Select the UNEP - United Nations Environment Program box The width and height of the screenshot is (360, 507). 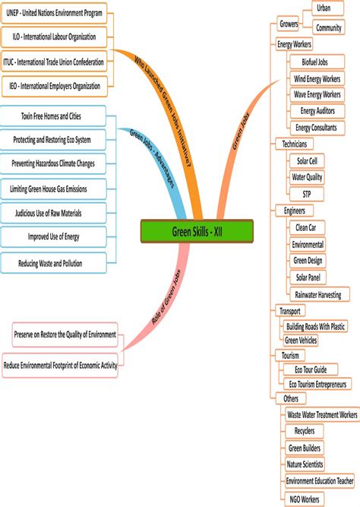(54, 13)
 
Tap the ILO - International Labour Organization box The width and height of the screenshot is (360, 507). (54, 36)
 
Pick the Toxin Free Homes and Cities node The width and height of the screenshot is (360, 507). (52, 116)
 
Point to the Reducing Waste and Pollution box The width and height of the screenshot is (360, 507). (51, 263)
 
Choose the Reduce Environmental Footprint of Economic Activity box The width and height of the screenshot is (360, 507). (61, 365)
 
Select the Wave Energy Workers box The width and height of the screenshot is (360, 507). (317, 94)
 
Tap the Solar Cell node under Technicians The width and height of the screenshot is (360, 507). (308, 161)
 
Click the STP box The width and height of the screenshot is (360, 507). (307, 194)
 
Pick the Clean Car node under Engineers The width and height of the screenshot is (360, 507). (306, 227)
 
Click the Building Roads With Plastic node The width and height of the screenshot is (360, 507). (315, 326)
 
